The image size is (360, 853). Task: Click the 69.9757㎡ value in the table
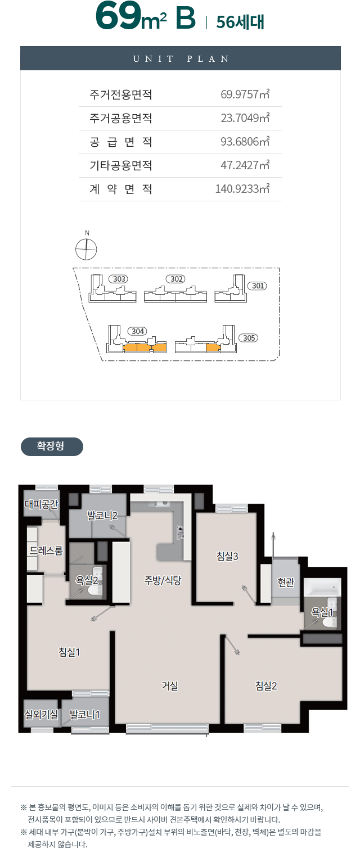point(245,94)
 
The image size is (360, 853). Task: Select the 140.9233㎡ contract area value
point(242,188)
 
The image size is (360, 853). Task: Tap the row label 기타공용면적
point(121,165)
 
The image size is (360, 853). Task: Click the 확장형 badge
point(52,446)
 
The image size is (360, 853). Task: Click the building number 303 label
point(119,279)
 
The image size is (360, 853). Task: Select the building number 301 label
point(258,286)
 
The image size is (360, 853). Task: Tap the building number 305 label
point(249,338)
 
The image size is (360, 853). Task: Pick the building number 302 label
point(176,279)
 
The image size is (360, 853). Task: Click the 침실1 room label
point(69,652)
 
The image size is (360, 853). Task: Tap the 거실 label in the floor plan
point(170,686)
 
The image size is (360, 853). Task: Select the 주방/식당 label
point(163,580)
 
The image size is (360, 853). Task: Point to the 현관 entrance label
point(286,582)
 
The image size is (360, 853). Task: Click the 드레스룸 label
point(46,550)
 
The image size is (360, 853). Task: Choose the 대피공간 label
point(41,504)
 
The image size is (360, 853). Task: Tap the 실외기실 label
point(41,714)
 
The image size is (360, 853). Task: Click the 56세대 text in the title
point(240,22)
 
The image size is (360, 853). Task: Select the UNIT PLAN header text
point(181,59)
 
